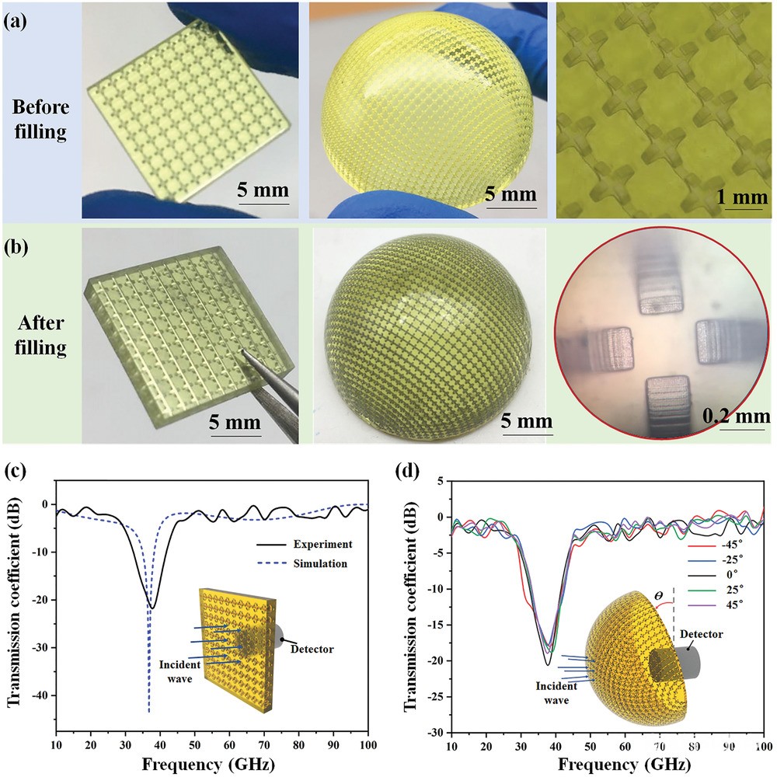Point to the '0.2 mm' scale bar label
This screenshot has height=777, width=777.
click(x=737, y=413)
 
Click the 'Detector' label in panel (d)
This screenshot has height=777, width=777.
click(x=701, y=635)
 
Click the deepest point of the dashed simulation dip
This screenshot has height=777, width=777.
click(x=148, y=711)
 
